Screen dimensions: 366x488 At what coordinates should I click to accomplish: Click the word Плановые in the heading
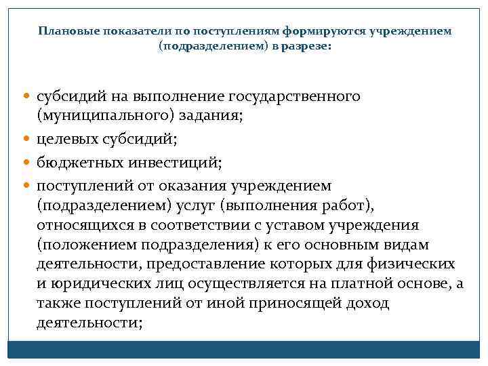pos(66,32)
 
